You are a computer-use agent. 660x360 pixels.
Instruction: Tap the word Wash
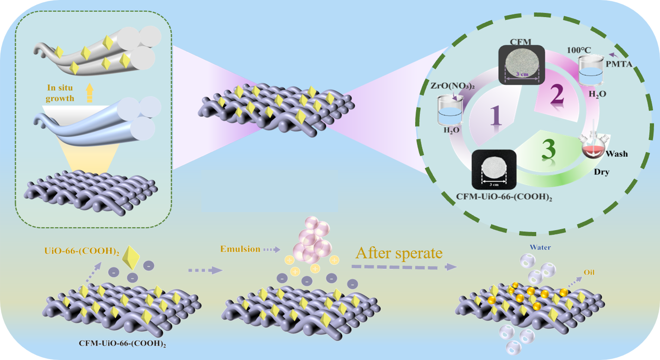click(x=618, y=153)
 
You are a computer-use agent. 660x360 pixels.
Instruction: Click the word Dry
click(x=602, y=172)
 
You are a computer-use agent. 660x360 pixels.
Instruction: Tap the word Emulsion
click(x=240, y=249)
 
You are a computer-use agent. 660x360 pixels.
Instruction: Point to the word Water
click(x=540, y=248)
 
